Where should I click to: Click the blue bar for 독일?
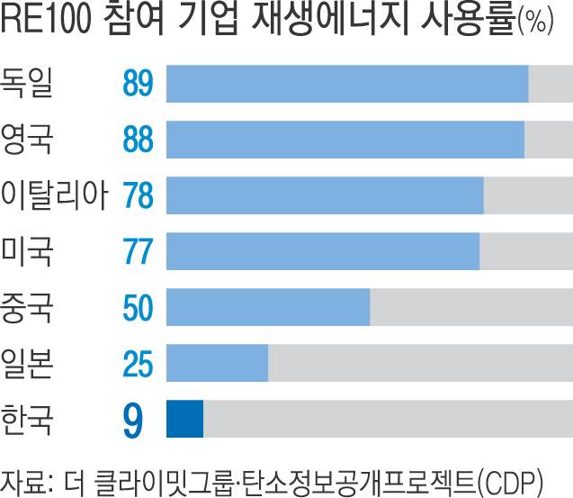tap(347, 84)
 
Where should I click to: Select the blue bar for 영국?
tap(345, 140)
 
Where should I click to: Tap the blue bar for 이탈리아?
tap(325, 195)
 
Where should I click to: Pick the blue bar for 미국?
tap(323, 251)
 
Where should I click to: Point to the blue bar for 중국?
tap(268, 307)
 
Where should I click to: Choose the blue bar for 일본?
tap(218, 363)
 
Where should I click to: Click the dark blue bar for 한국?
tap(185, 419)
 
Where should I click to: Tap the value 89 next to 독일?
tap(139, 84)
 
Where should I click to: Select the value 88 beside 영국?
tap(139, 140)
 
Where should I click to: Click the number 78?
tap(139, 195)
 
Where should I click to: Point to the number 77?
tap(139, 251)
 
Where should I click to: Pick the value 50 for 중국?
tap(139, 307)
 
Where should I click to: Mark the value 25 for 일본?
tap(139, 363)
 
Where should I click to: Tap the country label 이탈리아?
tap(55, 195)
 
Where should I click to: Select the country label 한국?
tap(28, 418)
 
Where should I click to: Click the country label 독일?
tap(28, 83)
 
